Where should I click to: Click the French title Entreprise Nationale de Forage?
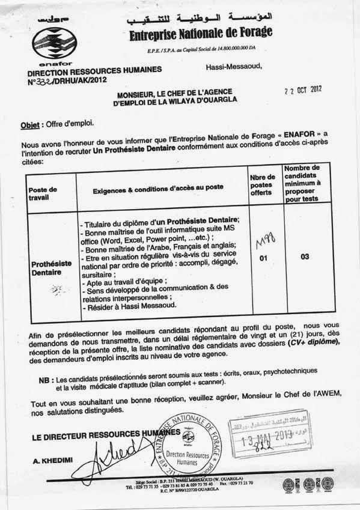point(201,34)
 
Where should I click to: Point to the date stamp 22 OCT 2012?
point(304,92)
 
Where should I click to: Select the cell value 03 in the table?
point(305,257)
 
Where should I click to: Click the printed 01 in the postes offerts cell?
point(262,258)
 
